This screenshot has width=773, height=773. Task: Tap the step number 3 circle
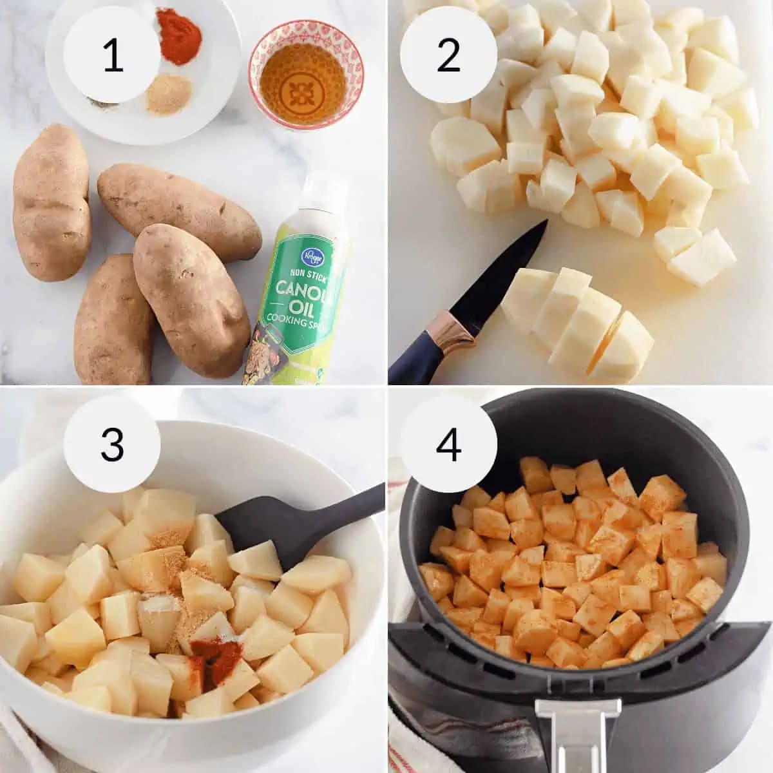pyautogui.click(x=113, y=444)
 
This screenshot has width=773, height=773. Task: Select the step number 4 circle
pyautogui.click(x=448, y=444)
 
